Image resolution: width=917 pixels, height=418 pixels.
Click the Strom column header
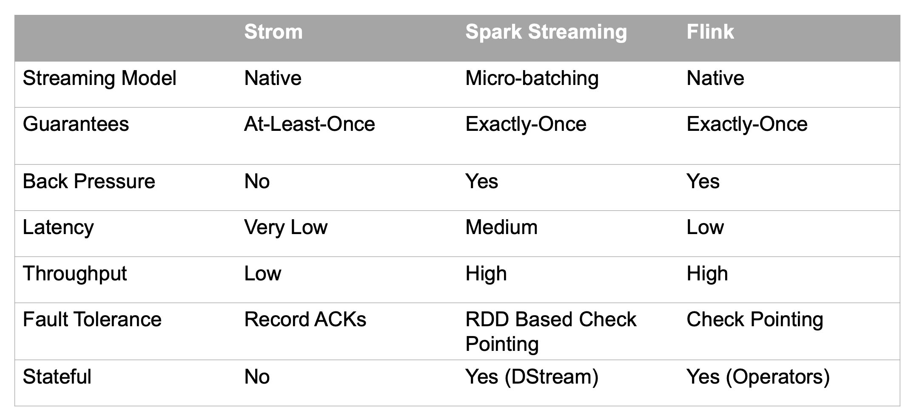pos(273,32)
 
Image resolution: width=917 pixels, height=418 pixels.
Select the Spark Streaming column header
pos(546,32)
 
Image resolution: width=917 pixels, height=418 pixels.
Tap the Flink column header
pos(710,32)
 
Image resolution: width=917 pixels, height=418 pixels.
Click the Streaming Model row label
pos(99,79)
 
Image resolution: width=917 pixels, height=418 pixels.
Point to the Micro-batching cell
pos(532,79)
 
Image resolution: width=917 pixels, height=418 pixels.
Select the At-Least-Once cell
pos(309,124)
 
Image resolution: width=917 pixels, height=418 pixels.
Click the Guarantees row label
pos(76,124)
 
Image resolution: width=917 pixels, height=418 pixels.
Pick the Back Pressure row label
pos(88,181)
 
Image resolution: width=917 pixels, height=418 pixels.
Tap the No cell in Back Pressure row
pos(257,181)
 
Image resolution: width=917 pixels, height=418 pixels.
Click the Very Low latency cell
pos(285,227)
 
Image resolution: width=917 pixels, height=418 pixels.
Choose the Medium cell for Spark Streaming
pos(501,227)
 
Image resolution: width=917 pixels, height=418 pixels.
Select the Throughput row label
pos(74,274)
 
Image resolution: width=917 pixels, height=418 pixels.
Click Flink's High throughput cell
pos(707,274)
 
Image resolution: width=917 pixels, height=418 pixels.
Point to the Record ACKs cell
pos(305,319)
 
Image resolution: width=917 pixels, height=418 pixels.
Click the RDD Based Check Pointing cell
pos(550,331)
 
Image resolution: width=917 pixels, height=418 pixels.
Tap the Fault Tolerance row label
pos(92,319)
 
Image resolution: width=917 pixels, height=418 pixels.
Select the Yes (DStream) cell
pos(532,377)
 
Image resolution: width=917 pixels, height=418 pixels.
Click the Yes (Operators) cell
pos(758,377)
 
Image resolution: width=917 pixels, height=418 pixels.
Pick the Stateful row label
pos(57,377)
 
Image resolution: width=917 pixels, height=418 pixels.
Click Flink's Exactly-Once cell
pos(746,124)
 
